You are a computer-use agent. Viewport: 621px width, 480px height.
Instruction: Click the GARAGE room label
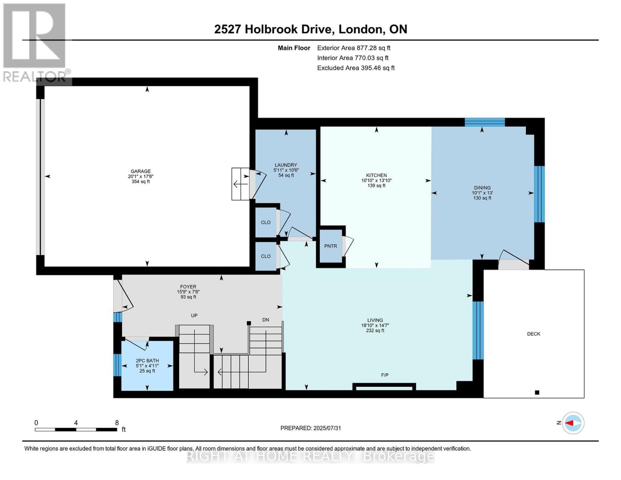point(140,171)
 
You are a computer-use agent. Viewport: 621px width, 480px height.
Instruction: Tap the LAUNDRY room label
point(286,165)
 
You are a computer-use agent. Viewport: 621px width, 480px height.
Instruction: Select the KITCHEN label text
point(376,175)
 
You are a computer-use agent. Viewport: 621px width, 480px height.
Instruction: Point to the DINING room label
point(482,188)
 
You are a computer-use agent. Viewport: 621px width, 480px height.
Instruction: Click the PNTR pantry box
point(331,246)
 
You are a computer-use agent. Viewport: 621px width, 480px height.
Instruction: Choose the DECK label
point(533,334)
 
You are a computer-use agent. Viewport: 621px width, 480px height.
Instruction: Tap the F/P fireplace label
point(385,375)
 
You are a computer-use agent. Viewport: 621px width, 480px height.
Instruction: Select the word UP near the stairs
point(194,316)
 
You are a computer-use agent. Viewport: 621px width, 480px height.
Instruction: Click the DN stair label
point(266,320)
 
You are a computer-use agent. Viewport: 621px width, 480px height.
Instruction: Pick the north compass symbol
point(573,423)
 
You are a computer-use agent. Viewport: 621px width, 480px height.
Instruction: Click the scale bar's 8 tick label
point(117,423)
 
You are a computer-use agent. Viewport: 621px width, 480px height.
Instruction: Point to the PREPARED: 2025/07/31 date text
point(311,428)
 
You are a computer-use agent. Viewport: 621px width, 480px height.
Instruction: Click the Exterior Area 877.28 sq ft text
point(353,48)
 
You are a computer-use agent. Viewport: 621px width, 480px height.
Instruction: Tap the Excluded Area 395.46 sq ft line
point(356,68)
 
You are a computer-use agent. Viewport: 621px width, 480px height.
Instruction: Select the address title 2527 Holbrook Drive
point(311,29)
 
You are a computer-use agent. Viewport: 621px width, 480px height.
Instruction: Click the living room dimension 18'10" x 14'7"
point(375,326)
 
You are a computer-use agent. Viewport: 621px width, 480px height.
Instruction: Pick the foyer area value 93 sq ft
point(188,297)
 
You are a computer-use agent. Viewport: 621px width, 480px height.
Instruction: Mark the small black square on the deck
point(537,392)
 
